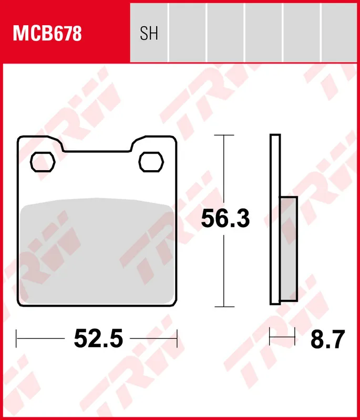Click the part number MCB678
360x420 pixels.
(47, 33)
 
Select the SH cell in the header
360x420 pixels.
(149, 33)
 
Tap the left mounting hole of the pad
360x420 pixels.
(43, 162)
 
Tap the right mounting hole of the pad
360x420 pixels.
(151, 162)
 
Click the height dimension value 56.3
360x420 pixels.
(225, 218)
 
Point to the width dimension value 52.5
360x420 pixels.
(98, 339)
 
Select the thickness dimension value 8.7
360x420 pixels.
(327, 339)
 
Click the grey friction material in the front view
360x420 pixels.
(97, 251)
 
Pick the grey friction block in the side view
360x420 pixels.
(289, 249)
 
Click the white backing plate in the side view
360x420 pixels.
(275, 219)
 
